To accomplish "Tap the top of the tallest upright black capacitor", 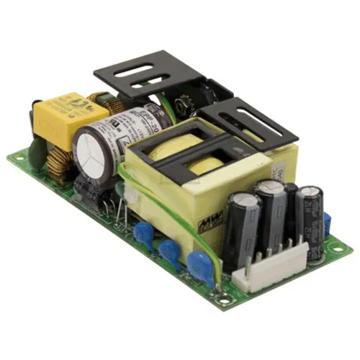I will [270, 189].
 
